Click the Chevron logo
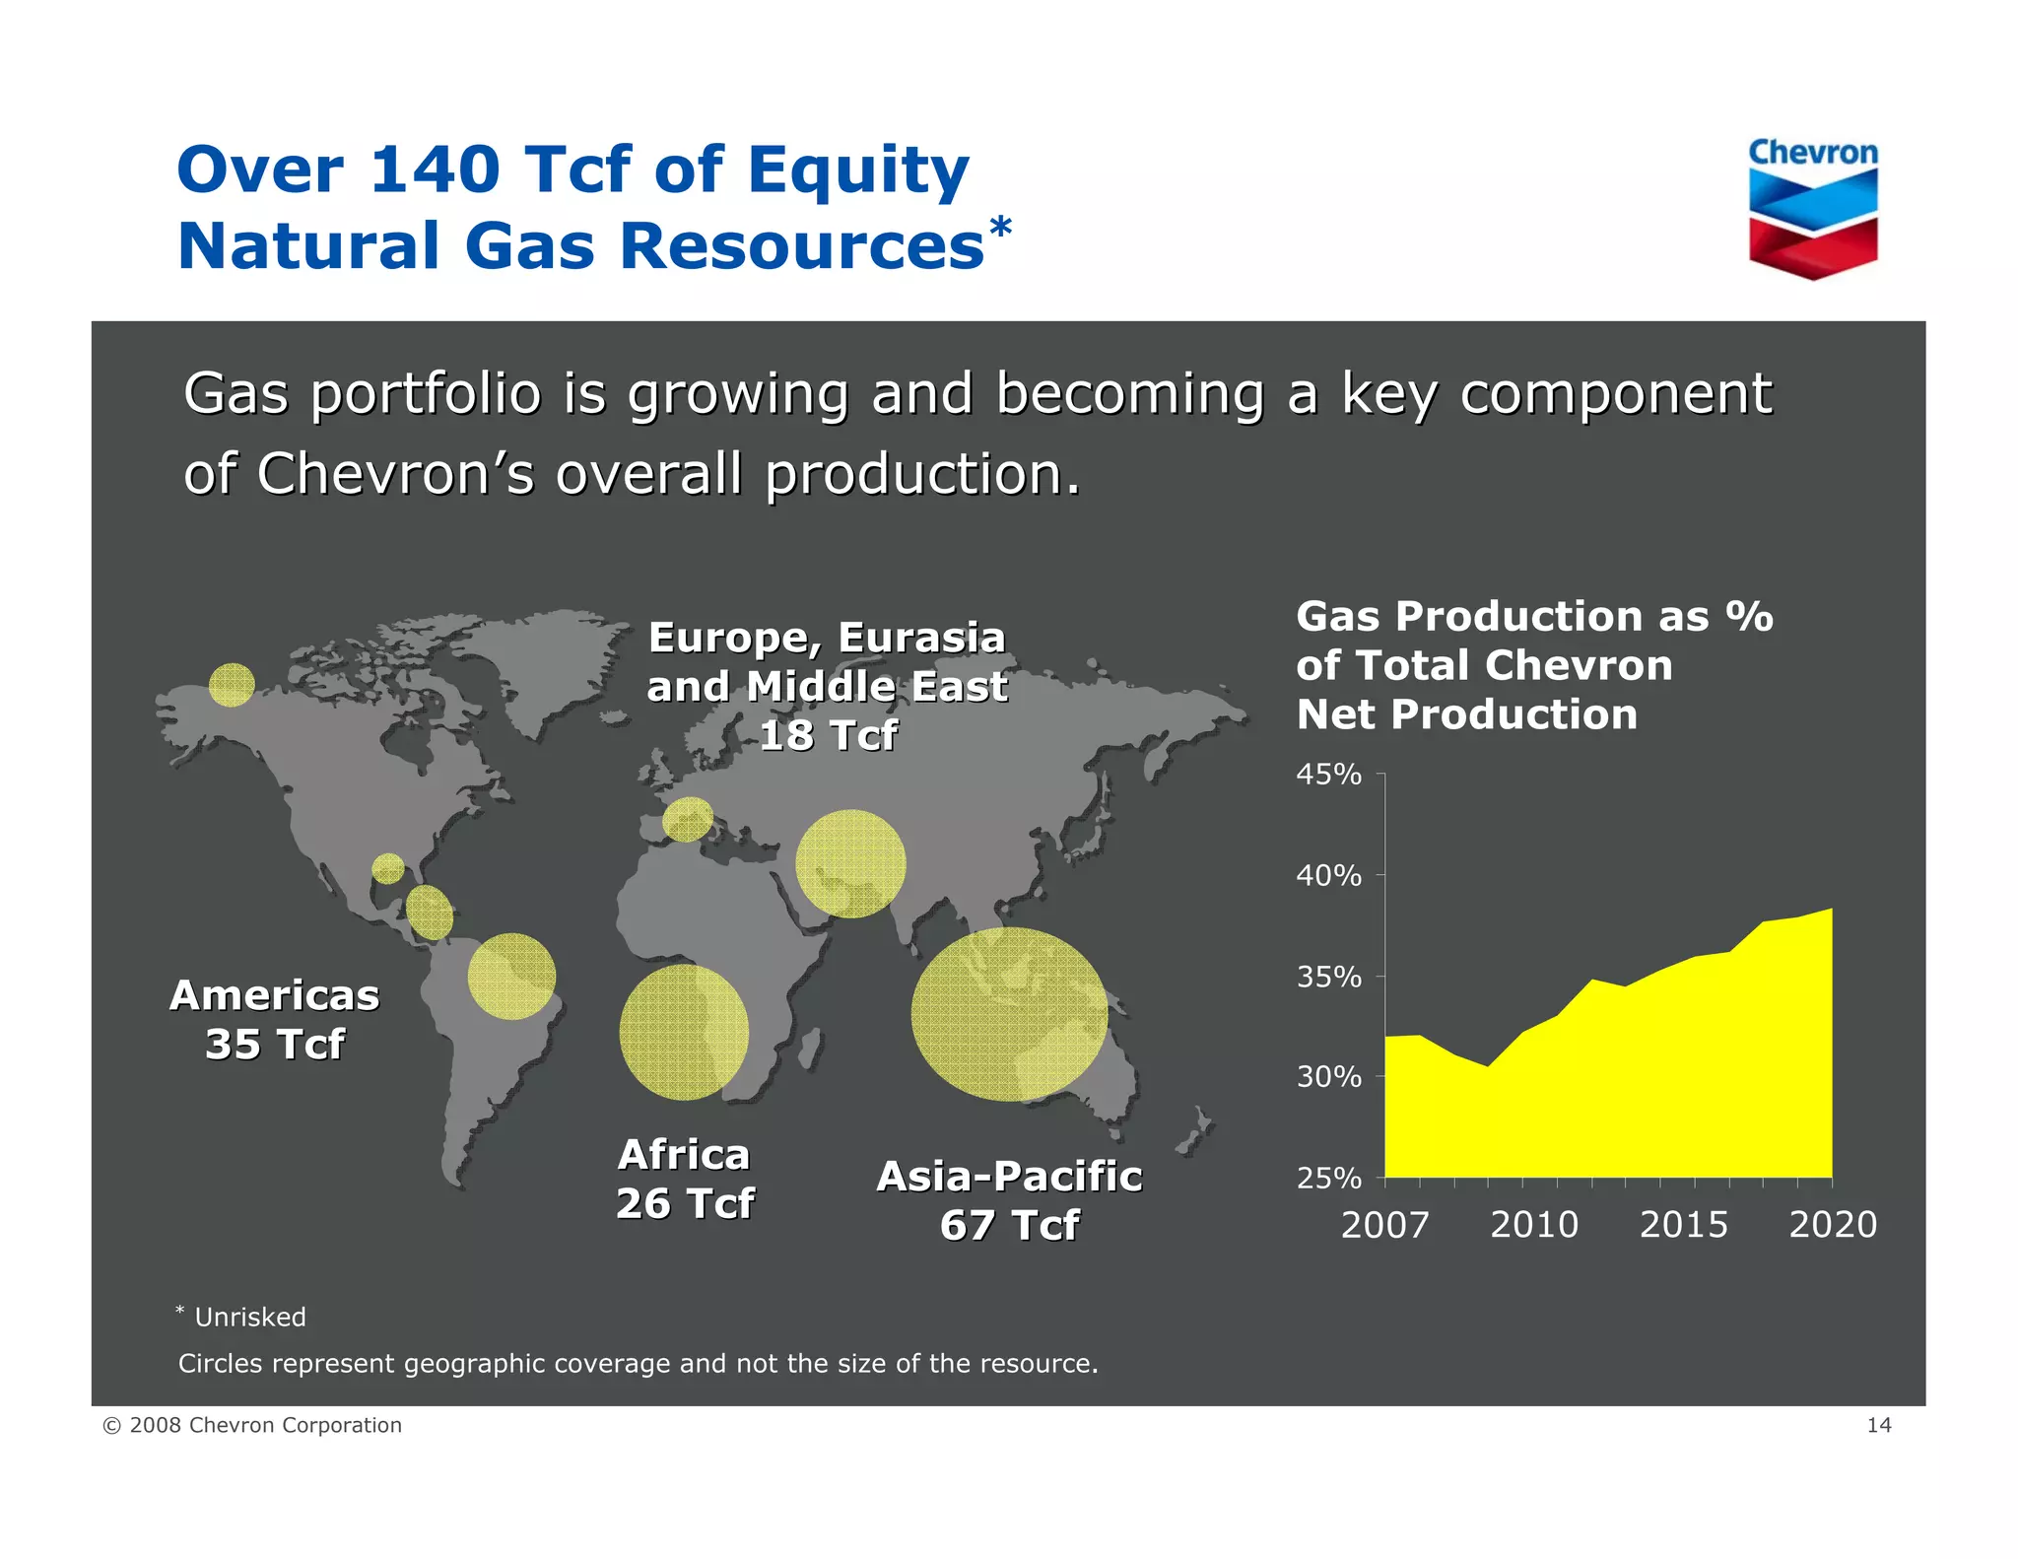[x=1813, y=210]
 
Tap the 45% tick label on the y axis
[x=1328, y=775]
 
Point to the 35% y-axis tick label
[x=1328, y=977]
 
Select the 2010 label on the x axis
[x=1534, y=1225]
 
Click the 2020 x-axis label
[x=1833, y=1225]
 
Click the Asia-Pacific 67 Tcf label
[x=1009, y=1200]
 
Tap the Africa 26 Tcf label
[x=685, y=1179]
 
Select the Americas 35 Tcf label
[x=275, y=1019]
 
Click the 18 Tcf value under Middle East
[x=828, y=735]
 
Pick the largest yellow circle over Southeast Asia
[x=1009, y=1014]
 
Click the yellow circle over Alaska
[x=233, y=684]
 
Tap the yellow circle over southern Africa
[x=684, y=1032]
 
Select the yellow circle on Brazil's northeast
[x=511, y=976]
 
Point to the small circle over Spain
[x=687, y=819]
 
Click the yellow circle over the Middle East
[x=850, y=864]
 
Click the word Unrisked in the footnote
[x=250, y=1318]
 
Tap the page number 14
[x=1878, y=1425]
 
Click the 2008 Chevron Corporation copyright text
[x=253, y=1425]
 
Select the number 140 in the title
[x=434, y=169]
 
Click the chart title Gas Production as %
[x=1533, y=617]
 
